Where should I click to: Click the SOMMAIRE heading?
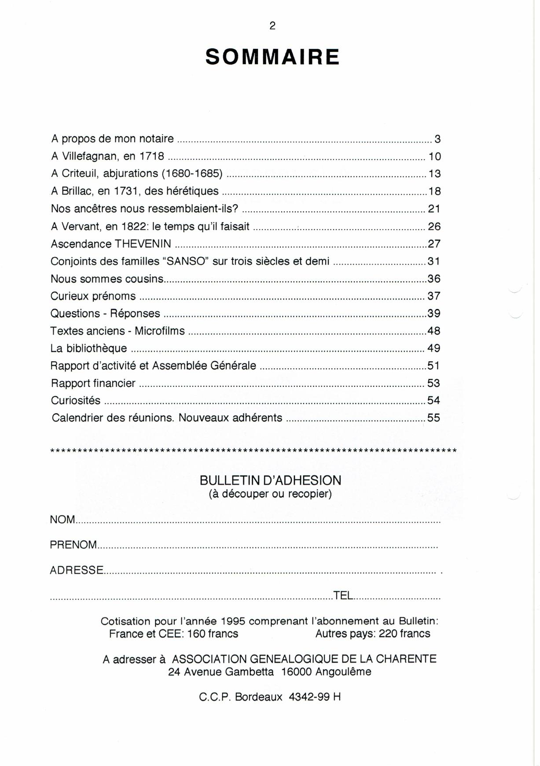[x=272, y=57]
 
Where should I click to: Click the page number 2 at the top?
[x=272, y=26]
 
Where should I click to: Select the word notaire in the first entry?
[x=156, y=139]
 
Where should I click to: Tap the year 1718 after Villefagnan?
[x=152, y=156]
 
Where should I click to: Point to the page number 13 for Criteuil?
[x=434, y=174]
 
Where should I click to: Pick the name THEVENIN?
[x=143, y=244]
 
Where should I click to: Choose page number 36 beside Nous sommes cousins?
[x=434, y=279]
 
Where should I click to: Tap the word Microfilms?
[x=160, y=331]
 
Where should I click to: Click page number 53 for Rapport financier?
[x=433, y=383]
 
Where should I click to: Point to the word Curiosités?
[x=76, y=400]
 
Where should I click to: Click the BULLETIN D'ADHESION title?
[x=270, y=480]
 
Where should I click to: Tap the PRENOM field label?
[x=73, y=545]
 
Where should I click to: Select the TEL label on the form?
[x=343, y=595]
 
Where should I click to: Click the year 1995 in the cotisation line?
[x=233, y=621]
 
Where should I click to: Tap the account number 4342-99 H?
[x=315, y=697]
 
